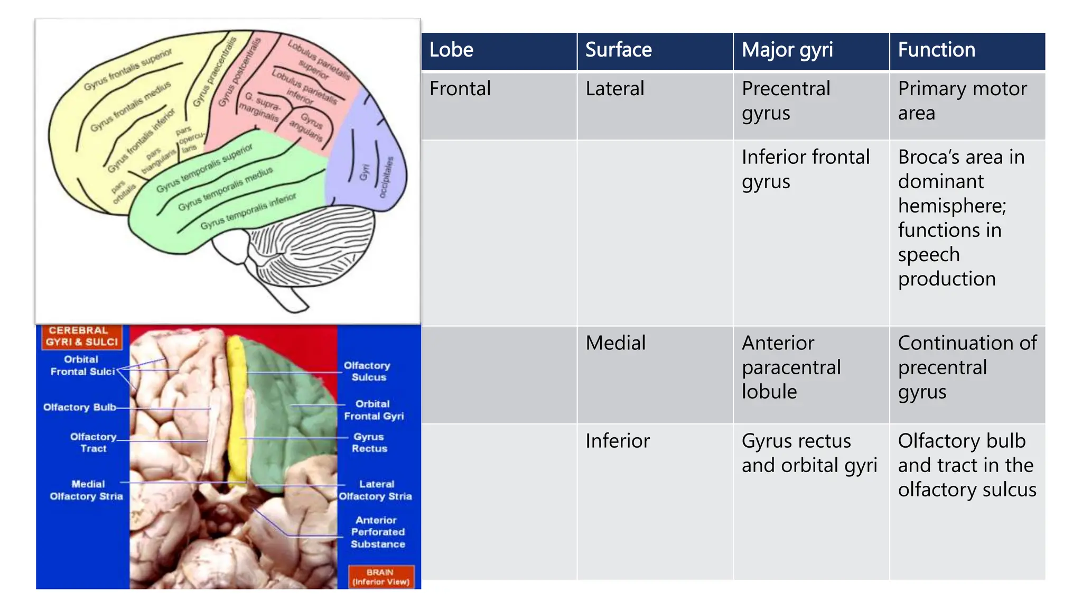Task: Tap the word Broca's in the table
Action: pyautogui.click(x=928, y=158)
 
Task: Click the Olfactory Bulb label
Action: pyautogui.click(x=80, y=407)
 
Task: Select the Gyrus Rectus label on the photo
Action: pyautogui.click(x=369, y=442)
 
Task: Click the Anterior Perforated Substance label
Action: pyautogui.click(x=377, y=532)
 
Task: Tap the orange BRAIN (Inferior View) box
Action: pyautogui.click(x=381, y=577)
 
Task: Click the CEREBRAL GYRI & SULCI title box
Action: pyautogui.click(x=81, y=337)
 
